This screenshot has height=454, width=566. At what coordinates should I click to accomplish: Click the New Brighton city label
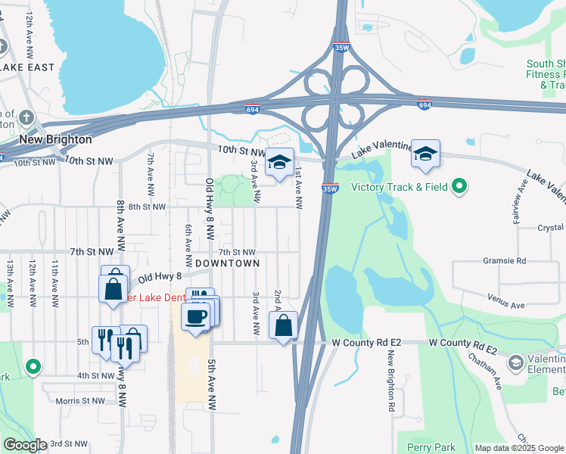[x=55, y=139]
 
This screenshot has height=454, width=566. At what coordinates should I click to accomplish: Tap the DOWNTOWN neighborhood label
[x=227, y=263]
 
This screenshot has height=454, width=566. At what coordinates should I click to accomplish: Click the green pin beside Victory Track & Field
[x=459, y=186]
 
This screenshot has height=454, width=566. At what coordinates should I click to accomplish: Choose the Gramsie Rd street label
[x=504, y=260]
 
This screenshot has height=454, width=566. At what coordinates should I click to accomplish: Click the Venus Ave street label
[x=506, y=305]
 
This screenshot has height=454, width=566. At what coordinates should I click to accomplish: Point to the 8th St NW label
[x=146, y=207]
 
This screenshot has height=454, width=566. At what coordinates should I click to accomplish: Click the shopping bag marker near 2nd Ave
[x=283, y=326]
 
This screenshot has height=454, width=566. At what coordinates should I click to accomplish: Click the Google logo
[x=24, y=445]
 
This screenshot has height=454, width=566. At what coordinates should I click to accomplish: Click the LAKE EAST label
[x=28, y=67]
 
